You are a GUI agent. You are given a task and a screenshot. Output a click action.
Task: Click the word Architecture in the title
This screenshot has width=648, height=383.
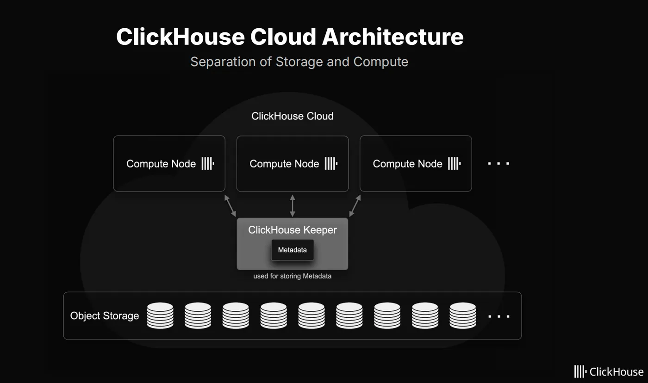coord(393,37)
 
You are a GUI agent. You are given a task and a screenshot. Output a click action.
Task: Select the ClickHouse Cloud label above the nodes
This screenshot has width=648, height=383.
coord(292,116)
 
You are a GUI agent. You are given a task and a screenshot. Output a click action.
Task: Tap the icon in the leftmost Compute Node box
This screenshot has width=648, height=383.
coord(207,163)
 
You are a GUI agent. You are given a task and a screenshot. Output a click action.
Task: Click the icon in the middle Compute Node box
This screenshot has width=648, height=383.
coord(330,163)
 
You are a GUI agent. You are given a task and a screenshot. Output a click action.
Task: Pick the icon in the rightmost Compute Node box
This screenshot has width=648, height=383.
coord(454,163)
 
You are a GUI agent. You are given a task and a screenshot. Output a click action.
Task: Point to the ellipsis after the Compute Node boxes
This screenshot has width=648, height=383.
coord(498,163)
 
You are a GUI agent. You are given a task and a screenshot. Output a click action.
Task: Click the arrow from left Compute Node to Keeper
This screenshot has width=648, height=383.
coord(230,205)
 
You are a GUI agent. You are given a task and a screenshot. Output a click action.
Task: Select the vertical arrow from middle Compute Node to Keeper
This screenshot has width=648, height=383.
coord(292,205)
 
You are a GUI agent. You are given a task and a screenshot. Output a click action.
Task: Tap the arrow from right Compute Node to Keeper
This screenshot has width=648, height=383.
coord(355,205)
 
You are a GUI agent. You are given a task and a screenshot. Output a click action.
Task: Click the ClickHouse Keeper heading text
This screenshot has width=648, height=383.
coord(292,230)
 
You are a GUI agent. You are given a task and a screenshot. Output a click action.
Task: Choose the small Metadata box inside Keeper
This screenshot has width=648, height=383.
coord(292,250)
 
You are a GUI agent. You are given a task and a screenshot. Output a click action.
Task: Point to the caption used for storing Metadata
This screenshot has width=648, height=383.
coord(292,276)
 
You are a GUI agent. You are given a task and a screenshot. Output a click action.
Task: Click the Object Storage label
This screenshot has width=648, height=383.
coord(105,316)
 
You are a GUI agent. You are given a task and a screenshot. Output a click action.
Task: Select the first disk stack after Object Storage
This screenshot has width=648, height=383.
coord(160,315)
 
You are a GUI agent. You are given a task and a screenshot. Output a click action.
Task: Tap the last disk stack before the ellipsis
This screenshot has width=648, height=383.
coord(463,315)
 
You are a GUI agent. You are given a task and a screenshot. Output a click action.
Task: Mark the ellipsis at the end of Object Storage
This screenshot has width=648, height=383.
coord(498,316)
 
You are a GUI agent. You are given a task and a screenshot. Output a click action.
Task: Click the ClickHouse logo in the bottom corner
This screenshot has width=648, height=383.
coord(608,371)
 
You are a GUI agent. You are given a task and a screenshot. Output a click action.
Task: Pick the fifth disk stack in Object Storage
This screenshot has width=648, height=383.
coord(312,315)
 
